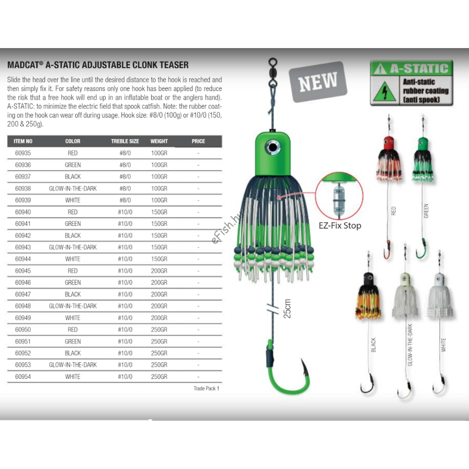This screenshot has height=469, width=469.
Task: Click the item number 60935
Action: (23, 153)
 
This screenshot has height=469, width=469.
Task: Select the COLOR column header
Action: (73, 141)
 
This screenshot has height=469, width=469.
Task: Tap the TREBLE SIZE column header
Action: (125, 141)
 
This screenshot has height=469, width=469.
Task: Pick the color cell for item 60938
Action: (73, 188)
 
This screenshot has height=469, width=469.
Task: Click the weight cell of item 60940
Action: (159, 212)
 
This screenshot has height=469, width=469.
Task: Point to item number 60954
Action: (23, 377)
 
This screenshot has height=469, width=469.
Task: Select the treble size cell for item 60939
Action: (125, 200)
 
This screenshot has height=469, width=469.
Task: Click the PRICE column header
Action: (198, 141)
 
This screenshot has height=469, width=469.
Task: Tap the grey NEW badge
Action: (318, 82)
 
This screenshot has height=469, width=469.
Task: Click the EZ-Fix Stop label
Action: (340, 226)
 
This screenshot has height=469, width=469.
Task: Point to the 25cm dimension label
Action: (287, 309)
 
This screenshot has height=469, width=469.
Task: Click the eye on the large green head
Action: (272, 148)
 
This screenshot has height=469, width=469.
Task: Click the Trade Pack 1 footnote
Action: (206, 388)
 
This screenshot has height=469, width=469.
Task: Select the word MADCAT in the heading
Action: (24, 65)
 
